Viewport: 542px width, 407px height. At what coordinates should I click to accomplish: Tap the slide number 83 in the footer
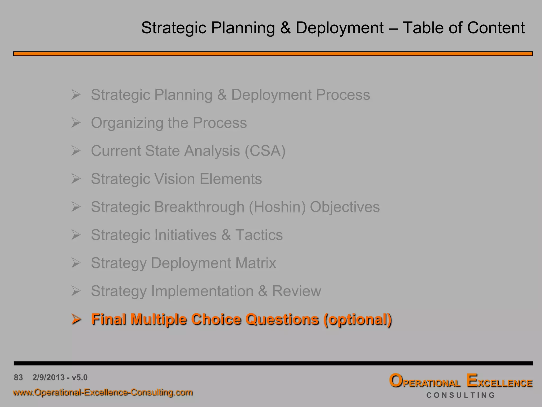(x=18, y=377)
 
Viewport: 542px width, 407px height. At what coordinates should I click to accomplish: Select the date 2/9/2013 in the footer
(x=49, y=377)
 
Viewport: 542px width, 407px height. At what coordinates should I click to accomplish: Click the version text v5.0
(x=79, y=377)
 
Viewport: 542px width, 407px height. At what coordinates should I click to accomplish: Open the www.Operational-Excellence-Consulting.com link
(x=103, y=392)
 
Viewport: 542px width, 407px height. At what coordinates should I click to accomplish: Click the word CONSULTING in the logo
(x=460, y=395)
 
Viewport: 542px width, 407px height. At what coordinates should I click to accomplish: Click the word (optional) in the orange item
(x=357, y=319)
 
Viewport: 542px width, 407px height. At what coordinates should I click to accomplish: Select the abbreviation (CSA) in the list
(x=265, y=151)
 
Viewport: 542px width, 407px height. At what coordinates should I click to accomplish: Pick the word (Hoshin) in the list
(x=277, y=207)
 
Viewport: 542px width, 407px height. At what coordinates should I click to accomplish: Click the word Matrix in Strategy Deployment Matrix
(x=256, y=263)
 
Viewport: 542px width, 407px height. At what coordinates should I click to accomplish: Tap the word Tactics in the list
(x=259, y=235)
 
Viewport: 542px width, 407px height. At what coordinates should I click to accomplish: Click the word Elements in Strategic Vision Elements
(x=231, y=179)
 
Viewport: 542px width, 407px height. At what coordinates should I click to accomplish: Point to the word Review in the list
(x=296, y=291)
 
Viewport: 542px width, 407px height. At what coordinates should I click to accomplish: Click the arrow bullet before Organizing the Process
(x=76, y=123)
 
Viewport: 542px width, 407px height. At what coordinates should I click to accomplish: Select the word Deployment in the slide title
(x=340, y=28)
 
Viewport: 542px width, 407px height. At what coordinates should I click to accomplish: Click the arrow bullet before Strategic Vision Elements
(x=76, y=179)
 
